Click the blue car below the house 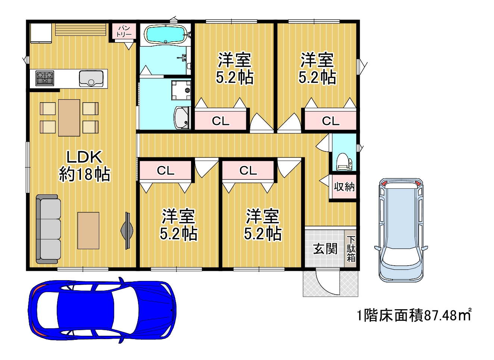click(x=102, y=310)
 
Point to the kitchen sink click(x=91, y=78)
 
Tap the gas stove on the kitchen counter click(x=45, y=78)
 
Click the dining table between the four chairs click(x=69, y=118)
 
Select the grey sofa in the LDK click(x=48, y=229)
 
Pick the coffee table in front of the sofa click(x=88, y=231)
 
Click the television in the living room click(x=127, y=231)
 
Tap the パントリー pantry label click(x=124, y=31)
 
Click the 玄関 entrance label click(x=325, y=248)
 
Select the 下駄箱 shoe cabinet click(x=351, y=249)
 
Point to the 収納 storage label click(x=344, y=187)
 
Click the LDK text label click(x=84, y=157)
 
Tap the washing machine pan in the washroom click(x=181, y=90)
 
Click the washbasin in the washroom click(x=182, y=118)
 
